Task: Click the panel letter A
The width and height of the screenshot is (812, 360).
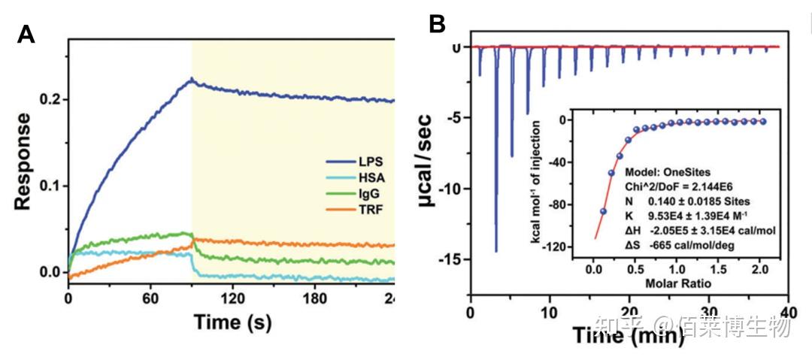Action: (x=27, y=35)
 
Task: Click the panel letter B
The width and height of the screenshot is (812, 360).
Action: (x=438, y=25)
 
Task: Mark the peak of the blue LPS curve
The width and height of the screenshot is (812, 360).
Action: (x=192, y=78)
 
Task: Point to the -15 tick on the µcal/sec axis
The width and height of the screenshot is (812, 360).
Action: (x=452, y=259)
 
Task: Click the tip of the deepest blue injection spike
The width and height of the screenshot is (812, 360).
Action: (x=496, y=251)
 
